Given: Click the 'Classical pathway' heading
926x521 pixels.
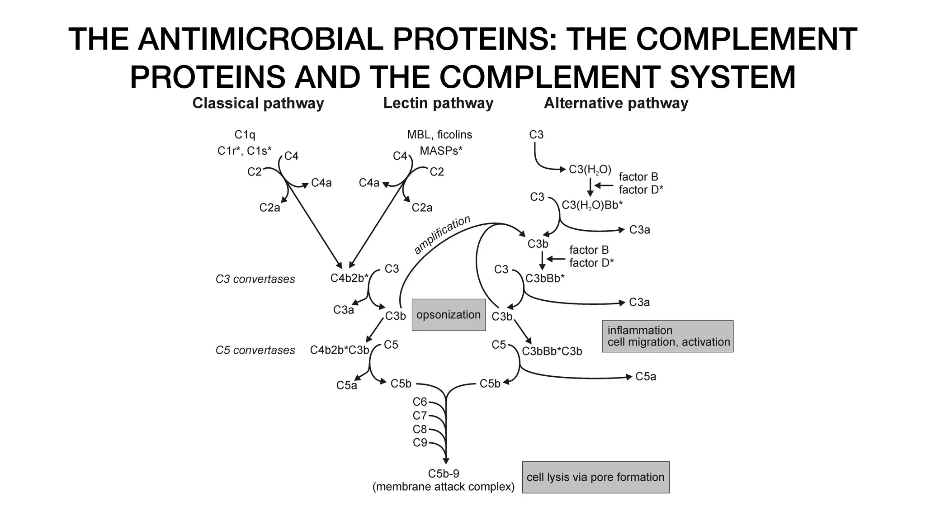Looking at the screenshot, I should coord(258,103).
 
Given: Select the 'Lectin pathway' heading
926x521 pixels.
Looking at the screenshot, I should coord(438,103).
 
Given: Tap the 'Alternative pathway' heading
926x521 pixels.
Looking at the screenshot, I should coord(616,103).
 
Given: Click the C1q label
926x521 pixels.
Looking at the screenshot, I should coord(245,135).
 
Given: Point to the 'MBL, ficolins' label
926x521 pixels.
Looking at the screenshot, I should coord(439,135).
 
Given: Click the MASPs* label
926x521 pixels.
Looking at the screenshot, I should coord(441,151).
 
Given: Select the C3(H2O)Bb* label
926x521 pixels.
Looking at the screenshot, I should coord(592,205).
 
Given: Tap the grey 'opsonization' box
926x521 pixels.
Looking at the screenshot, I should coord(449,315).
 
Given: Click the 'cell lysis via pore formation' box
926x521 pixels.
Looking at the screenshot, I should coord(595,477).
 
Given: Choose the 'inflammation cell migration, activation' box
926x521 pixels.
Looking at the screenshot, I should coord(667,336).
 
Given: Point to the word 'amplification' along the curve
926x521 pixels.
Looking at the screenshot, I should coord(442,235).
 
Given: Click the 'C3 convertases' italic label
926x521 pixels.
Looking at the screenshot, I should coord(255,279).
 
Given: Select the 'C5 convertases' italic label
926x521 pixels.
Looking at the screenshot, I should coord(255,350).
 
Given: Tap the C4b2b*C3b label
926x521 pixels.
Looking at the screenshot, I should coord(340,350).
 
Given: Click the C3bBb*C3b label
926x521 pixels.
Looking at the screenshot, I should coord(552,351).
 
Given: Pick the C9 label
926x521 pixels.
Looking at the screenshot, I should coord(420,442).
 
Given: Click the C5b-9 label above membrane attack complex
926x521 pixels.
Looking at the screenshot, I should coord(443,474).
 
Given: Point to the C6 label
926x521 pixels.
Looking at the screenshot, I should coord(420,402).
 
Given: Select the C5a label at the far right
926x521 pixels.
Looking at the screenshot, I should coord(645,377).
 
